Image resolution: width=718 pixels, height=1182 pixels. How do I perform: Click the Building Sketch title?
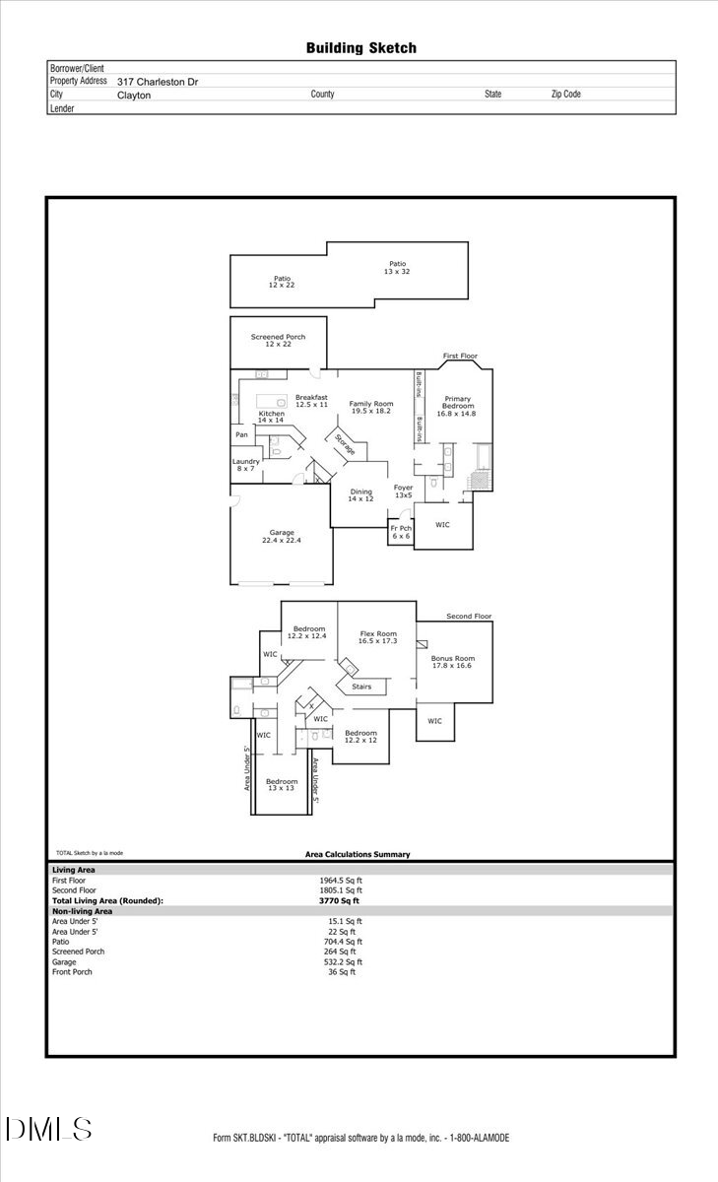(360, 47)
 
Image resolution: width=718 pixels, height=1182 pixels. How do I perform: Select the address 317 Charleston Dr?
(158, 82)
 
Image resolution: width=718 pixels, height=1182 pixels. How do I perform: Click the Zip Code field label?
(565, 95)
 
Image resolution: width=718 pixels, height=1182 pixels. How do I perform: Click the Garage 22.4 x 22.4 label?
(281, 537)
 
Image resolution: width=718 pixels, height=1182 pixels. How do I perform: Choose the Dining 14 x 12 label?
(360, 494)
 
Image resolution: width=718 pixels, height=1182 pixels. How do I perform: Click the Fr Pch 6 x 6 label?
(400, 532)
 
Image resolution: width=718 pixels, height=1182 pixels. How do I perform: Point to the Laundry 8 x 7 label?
(245, 465)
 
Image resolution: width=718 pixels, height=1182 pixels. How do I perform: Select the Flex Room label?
(378, 637)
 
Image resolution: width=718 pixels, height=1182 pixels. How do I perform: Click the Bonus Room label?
(453, 662)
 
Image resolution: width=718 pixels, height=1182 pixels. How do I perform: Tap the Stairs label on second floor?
(361, 687)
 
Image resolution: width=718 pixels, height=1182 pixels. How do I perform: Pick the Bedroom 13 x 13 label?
(281, 784)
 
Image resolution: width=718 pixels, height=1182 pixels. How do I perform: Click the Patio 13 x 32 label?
(397, 267)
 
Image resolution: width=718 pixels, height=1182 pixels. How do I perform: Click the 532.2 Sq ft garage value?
(343, 962)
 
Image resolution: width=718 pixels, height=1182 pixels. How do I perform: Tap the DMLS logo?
(48, 1129)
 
